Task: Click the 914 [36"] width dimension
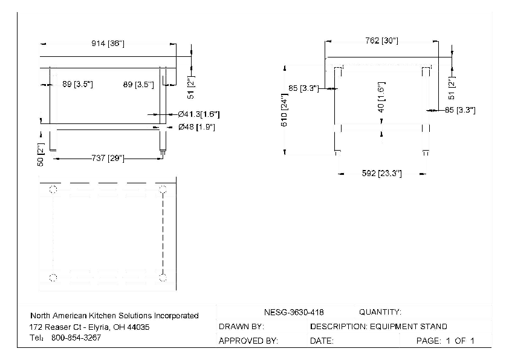coord(108,44)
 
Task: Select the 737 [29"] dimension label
coord(107,159)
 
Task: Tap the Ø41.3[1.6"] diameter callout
coord(199,114)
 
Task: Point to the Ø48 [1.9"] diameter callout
coord(197,127)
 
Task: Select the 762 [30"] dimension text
coord(381,41)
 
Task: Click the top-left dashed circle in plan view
coord(53,190)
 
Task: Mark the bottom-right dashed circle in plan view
coord(163,278)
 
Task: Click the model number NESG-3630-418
coord(294,312)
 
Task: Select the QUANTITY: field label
coord(380,312)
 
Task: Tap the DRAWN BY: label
coord(241,327)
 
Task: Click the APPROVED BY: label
coord(248,341)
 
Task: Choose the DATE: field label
coord(322,341)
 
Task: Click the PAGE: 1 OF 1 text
coord(446,341)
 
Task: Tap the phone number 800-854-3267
coord(76,338)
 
